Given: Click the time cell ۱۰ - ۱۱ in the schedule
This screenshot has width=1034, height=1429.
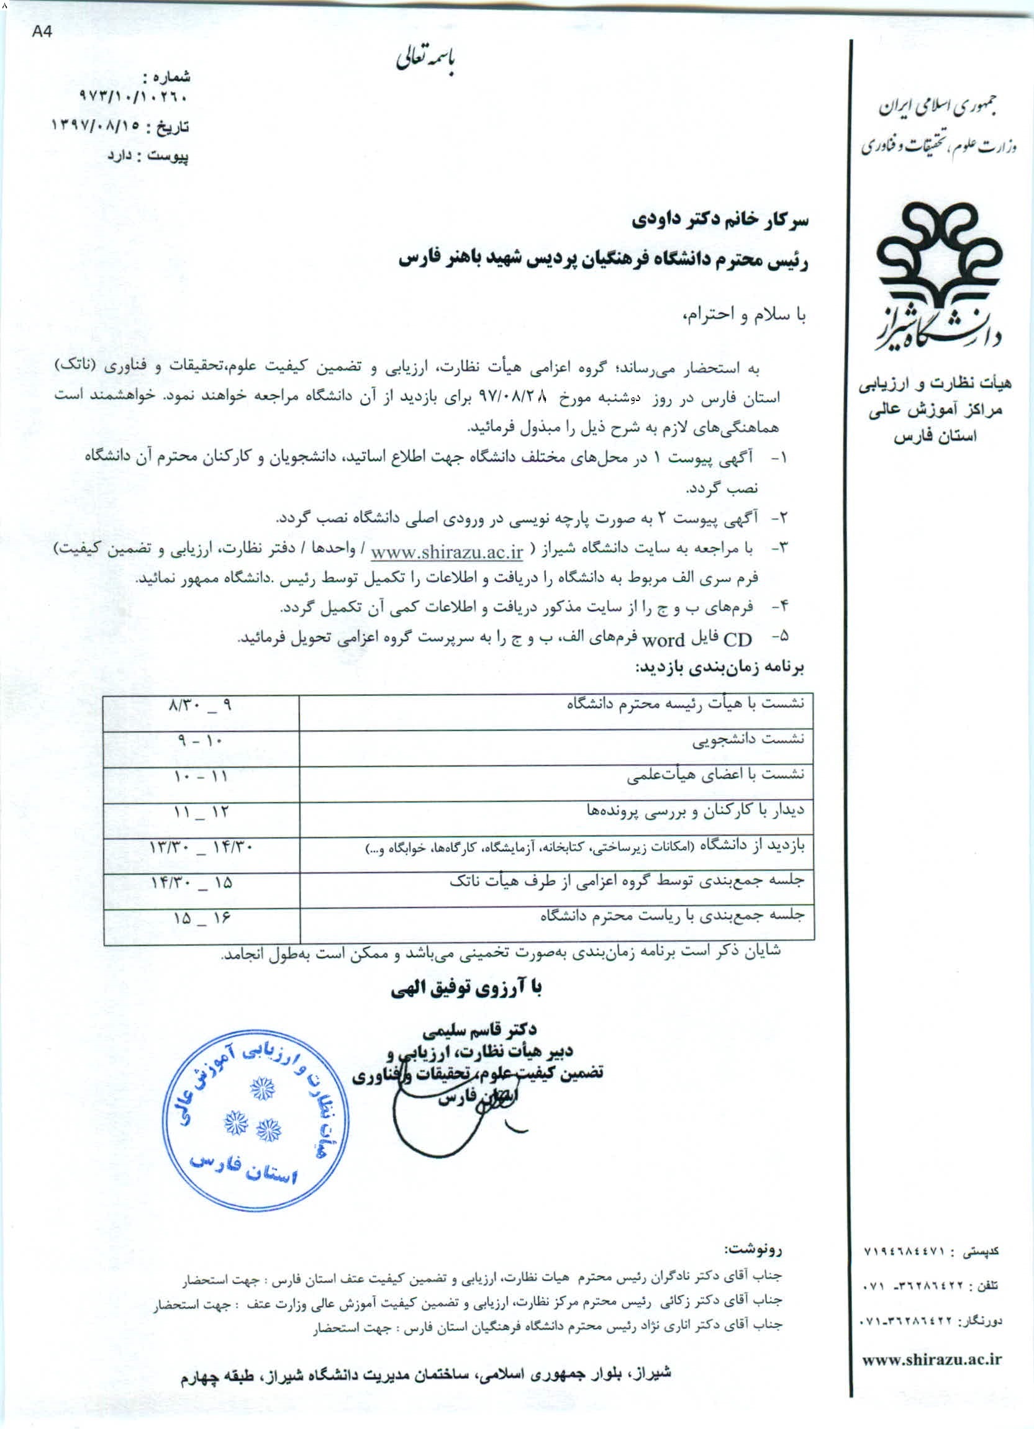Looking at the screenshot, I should coord(200,777).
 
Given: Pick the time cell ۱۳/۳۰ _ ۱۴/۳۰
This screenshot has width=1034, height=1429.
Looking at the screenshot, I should coord(200,849).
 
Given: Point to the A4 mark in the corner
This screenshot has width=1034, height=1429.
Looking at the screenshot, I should coord(42,33).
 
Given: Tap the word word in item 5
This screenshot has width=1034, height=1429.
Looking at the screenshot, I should coord(663,640).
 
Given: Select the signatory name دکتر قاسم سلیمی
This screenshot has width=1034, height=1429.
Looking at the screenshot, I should coord(480,1029).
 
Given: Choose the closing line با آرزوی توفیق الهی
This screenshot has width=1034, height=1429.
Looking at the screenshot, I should coord(466,989).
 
